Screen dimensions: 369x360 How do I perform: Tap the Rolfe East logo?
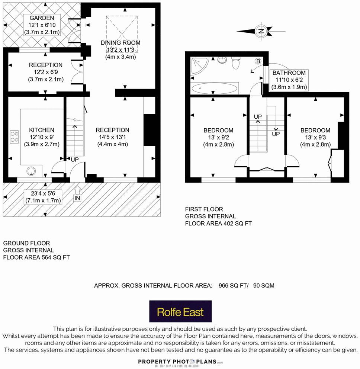pos(180,311)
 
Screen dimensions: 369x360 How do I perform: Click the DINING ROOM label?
pos(120,43)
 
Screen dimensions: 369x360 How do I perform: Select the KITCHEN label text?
pos(42,130)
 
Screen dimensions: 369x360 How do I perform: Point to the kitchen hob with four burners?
pos(15,136)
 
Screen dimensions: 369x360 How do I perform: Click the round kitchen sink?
pos(30,171)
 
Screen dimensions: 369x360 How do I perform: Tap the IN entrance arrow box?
pos(77,198)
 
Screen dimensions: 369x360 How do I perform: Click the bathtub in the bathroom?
pos(214,89)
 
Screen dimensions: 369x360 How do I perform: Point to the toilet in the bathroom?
pos(235,63)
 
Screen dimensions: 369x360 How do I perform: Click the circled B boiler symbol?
pos(257,61)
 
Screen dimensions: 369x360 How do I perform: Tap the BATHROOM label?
pos(289,73)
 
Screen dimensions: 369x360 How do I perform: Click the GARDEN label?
pos(42,18)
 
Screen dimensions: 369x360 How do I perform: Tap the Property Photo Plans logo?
pos(180,361)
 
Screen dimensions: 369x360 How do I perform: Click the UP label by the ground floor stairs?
pos(75,159)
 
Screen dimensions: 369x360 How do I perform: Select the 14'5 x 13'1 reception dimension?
pos(112,137)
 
